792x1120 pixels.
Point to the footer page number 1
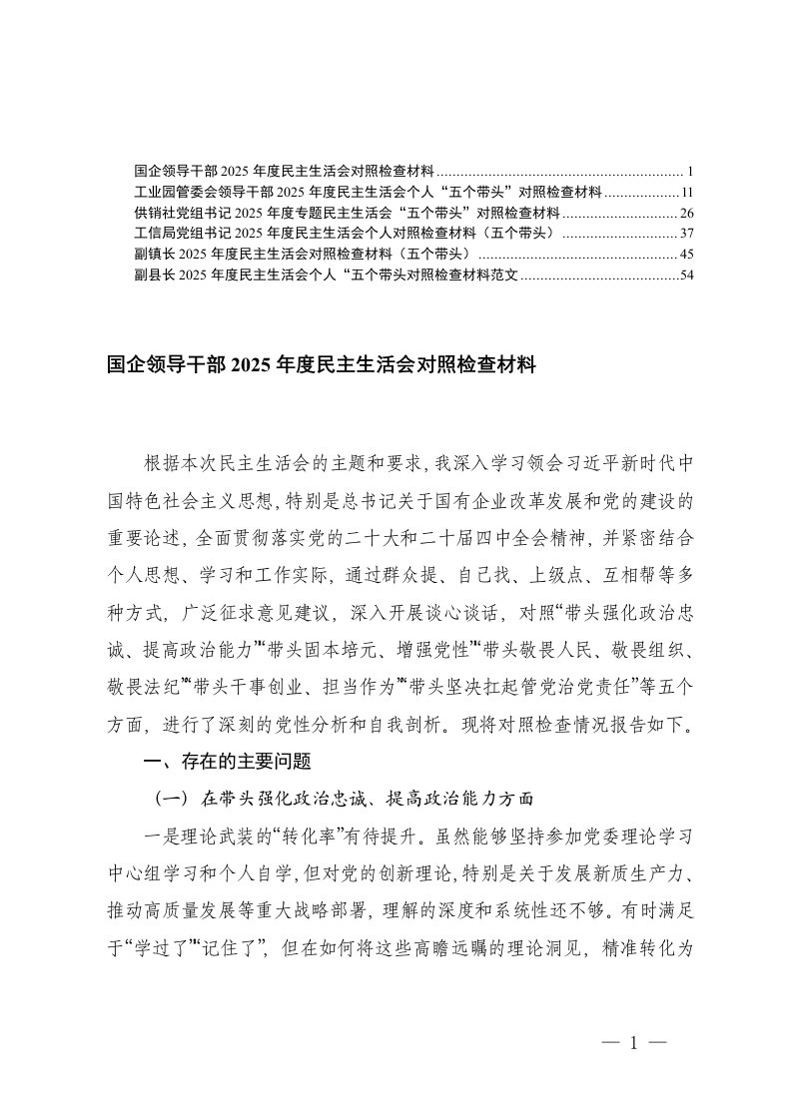click(633, 1043)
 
